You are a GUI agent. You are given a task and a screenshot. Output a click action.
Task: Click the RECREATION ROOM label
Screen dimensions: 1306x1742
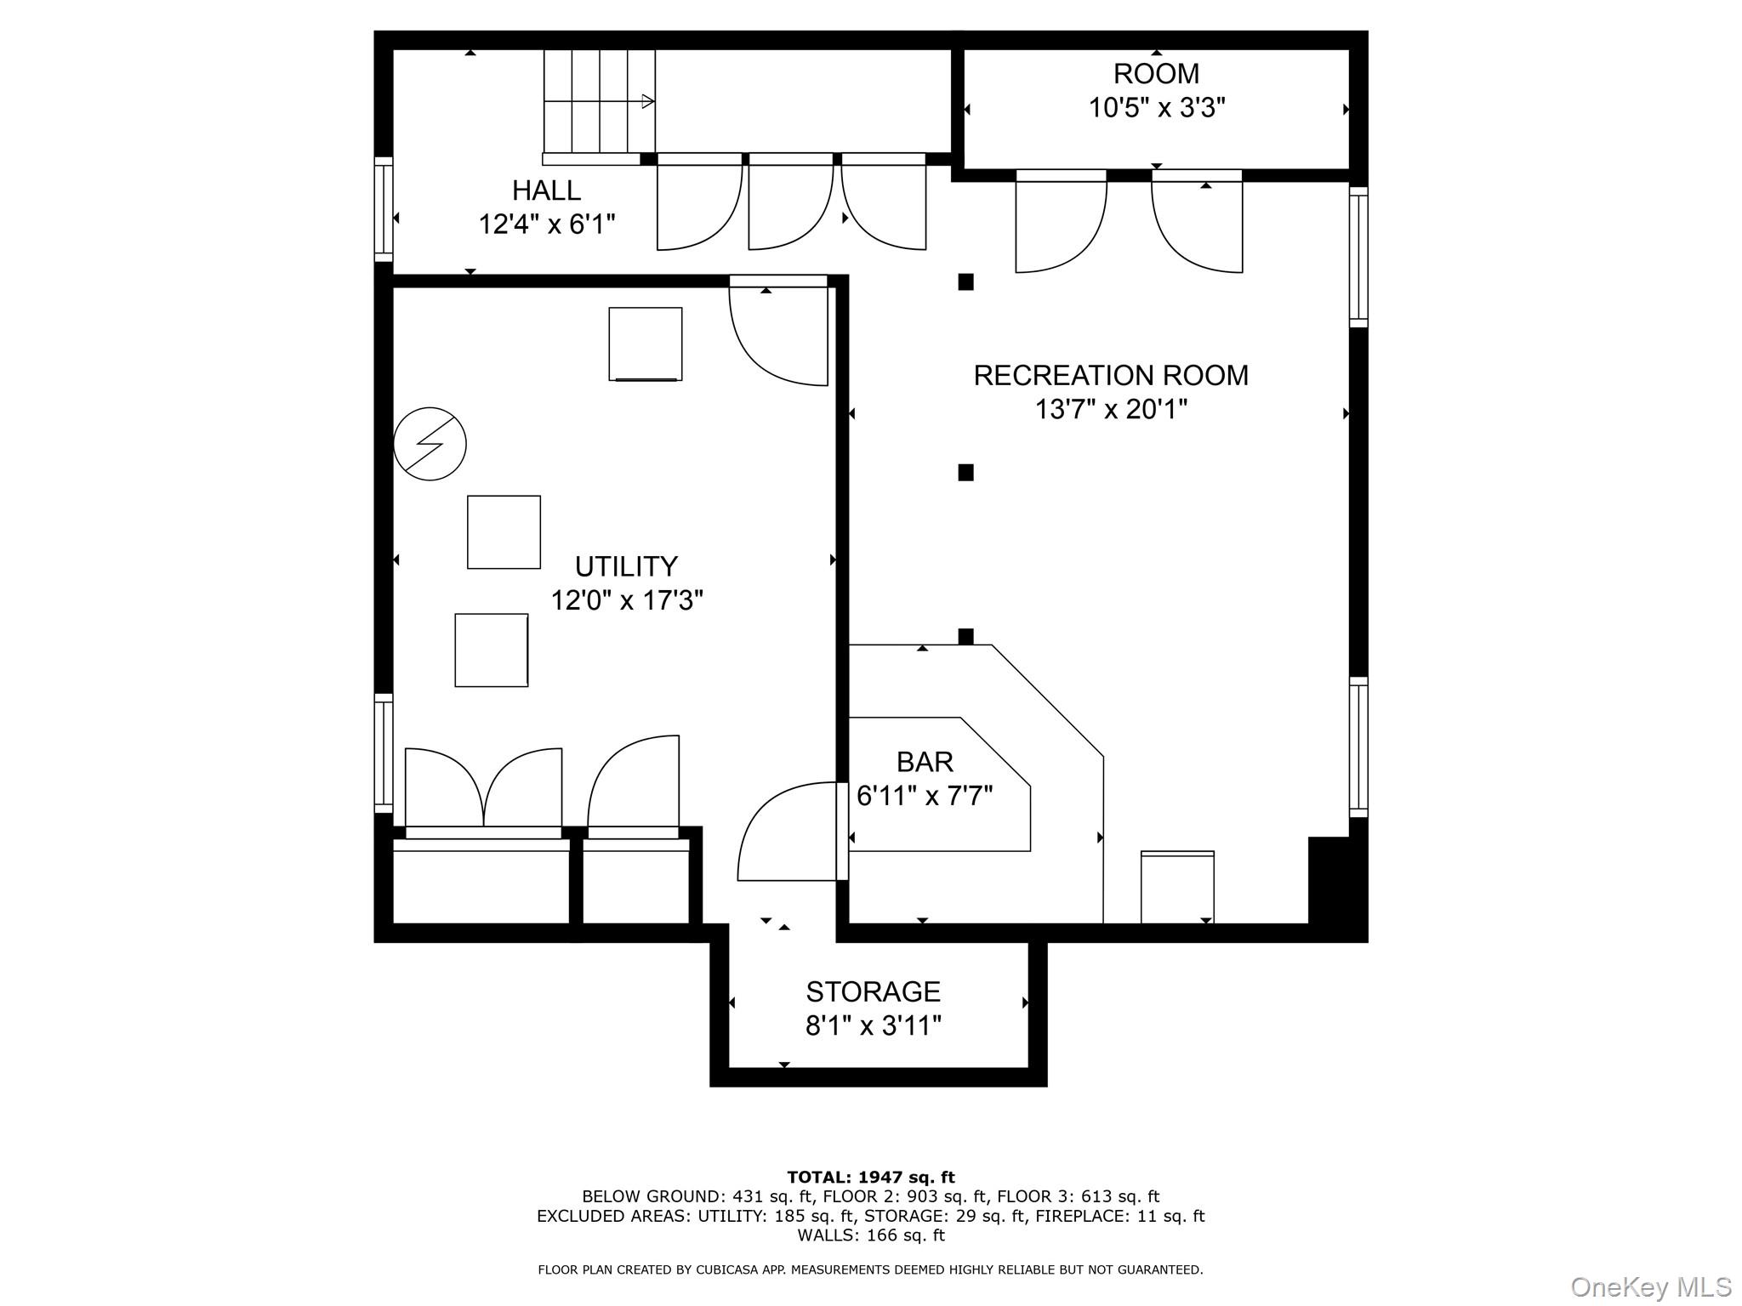(x=1110, y=375)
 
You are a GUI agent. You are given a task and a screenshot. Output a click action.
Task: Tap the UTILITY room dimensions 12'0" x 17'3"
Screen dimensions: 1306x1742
(x=626, y=601)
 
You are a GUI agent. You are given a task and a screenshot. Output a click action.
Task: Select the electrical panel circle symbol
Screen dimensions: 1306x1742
(x=430, y=444)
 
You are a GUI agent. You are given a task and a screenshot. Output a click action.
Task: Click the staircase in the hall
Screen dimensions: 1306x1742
(x=600, y=101)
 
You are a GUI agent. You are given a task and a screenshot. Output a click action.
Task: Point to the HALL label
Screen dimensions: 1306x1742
(x=546, y=190)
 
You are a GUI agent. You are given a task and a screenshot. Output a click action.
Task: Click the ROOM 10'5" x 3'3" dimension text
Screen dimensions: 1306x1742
(x=1156, y=109)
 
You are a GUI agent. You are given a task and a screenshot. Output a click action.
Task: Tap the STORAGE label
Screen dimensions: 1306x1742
(x=873, y=991)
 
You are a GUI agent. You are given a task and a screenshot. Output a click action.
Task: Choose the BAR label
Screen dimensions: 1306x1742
(x=925, y=762)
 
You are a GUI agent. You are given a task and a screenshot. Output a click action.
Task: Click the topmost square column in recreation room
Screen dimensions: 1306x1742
(x=965, y=282)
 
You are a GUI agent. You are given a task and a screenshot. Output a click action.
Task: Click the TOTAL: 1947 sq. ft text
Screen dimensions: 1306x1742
(x=870, y=1178)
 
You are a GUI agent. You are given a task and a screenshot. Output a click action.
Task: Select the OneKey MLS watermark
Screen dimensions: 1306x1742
(x=1650, y=1287)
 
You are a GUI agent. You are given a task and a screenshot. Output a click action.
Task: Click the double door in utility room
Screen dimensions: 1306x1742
(x=483, y=789)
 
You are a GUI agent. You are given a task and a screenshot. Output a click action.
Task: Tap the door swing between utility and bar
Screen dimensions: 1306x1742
(x=787, y=833)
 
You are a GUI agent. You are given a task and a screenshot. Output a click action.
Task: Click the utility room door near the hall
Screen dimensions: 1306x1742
(x=778, y=333)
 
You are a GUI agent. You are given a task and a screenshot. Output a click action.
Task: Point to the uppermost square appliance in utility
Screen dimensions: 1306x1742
(x=645, y=344)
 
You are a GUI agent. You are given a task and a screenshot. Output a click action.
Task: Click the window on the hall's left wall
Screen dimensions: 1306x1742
(x=384, y=209)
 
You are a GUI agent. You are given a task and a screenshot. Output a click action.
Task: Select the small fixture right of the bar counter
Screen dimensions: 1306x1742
(x=1177, y=886)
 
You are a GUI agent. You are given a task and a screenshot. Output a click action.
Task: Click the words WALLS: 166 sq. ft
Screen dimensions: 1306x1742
(x=870, y=1235)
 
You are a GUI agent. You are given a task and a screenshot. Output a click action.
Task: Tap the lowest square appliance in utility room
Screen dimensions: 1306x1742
(x=491, y=650)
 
